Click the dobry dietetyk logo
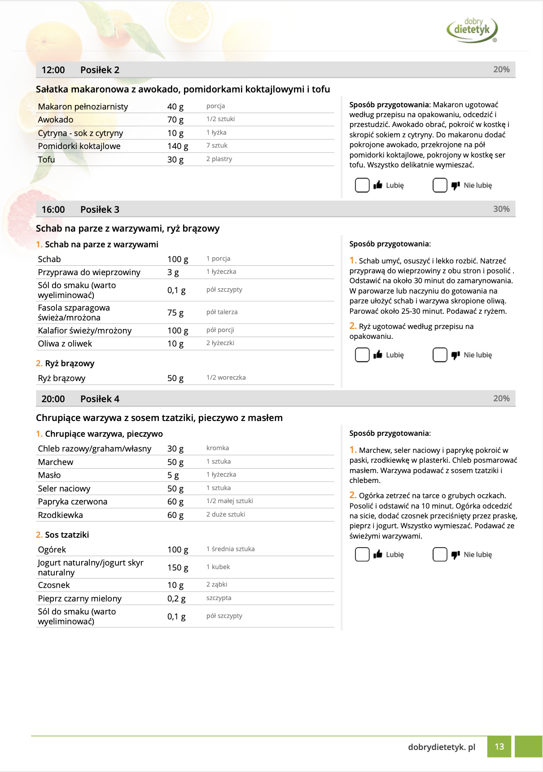tap(472, 30)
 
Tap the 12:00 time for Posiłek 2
tap(53, 70)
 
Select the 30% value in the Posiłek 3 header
tap(501, 209)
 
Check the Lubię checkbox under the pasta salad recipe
tap(362, 185)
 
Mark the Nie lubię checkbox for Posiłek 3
tap(440, 355)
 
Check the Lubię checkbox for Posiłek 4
tap(362, 554)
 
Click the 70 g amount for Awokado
tap(175, 120)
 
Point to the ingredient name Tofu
tap(46, 160)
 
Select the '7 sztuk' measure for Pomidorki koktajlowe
tap(217, 146)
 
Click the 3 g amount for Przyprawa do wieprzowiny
tap(173, 272)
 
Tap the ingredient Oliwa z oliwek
tap(65, 344)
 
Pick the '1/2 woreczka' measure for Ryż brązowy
tap(226, 377)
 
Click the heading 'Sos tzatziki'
tap(67, 535)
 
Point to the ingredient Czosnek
tap(54, 585)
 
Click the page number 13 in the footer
tap(499, 747)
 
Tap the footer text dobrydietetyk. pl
tap(442, 747)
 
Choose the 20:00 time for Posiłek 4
tap(53, 399)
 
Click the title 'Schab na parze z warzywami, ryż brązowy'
tap(128, 228)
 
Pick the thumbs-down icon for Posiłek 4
tap(455, 555)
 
